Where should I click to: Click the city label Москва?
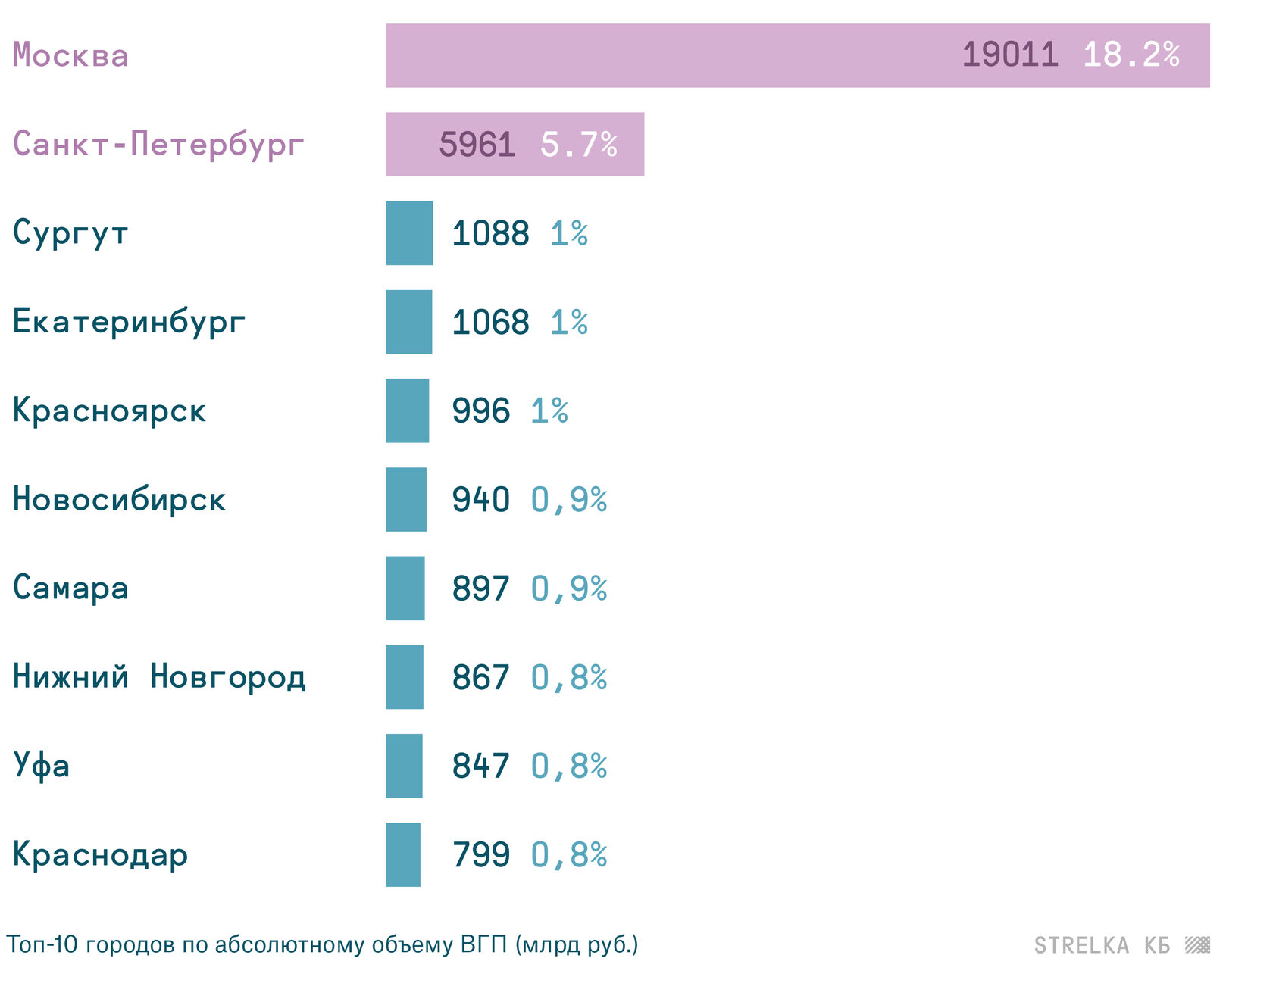click(70, 55)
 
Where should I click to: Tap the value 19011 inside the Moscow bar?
click(1009, 55)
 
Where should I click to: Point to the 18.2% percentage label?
click(1131, 55)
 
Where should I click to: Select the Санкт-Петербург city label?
click(158, 144)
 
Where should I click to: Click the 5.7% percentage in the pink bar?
click(578, 144)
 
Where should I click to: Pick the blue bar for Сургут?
click(409, 233)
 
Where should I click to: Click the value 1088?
click(490, 233)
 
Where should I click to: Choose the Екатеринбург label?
click(129, 322)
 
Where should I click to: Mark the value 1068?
click(490, 322)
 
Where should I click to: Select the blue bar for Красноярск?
click(407, 411)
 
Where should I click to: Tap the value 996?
click(480, 411)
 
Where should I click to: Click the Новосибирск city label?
click(119, 500)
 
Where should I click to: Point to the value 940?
click(480, 500)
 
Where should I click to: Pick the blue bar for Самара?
click(405, 588)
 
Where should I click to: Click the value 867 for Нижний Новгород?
click(480, 677)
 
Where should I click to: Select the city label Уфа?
click(42, 766)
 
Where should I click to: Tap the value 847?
click(480, 766)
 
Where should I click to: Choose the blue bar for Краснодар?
click(402, 854)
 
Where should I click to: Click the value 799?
click(480, 854)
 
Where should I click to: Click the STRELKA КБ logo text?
click(1102, 945)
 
